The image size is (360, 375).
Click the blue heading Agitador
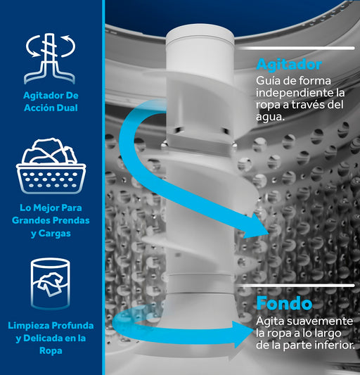point(289,65)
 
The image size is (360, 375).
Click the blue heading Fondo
point(284,303)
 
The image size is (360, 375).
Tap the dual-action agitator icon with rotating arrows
point(50,58)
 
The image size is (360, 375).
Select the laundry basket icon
point(51,165)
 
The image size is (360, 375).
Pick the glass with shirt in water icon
point(51,284)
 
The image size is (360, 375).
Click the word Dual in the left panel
point(67,108)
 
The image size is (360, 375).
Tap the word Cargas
point(55,234)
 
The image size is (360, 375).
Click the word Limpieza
point(29,326)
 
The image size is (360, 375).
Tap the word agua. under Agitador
point(271,117)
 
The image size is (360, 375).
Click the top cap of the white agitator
point(200,33)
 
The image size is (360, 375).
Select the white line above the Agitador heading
point(296,49)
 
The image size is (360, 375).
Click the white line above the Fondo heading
point(296,286)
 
